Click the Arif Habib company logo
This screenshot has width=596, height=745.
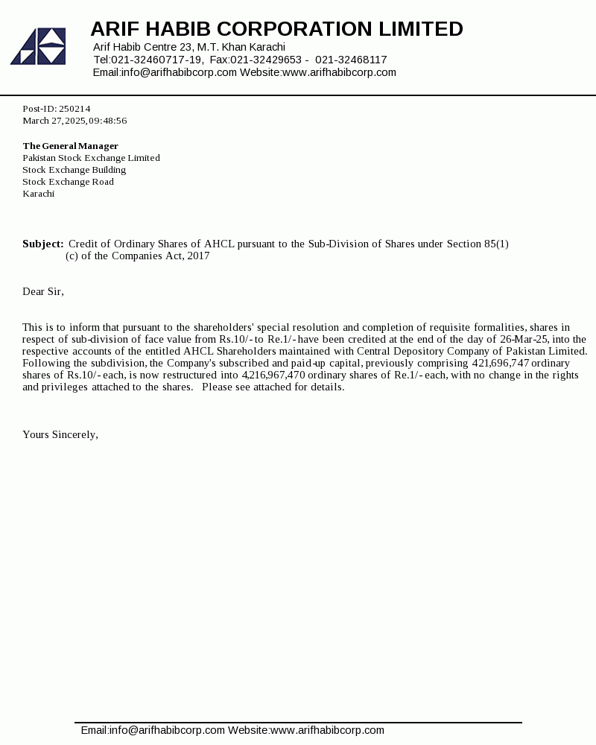(38, 46)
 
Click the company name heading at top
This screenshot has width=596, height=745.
(276, 29)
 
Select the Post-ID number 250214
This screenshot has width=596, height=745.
(74, 109)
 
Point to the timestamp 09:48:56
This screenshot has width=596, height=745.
(108, 121)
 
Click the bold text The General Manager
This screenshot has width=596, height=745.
(70, 146)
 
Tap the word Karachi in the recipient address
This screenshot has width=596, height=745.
(38, 194)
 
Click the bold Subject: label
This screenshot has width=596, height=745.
(43, 244)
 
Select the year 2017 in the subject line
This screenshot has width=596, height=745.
(198, 256)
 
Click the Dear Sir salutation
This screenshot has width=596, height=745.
(43, 291)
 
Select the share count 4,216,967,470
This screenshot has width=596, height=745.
(273, 375)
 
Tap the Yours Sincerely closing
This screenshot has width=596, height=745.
(60, 434)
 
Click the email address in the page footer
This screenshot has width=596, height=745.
(153, 730)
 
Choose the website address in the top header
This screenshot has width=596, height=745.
(339, 72)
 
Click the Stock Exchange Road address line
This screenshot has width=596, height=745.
(68, 182)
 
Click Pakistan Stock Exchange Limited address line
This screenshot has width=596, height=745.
(91, 158)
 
